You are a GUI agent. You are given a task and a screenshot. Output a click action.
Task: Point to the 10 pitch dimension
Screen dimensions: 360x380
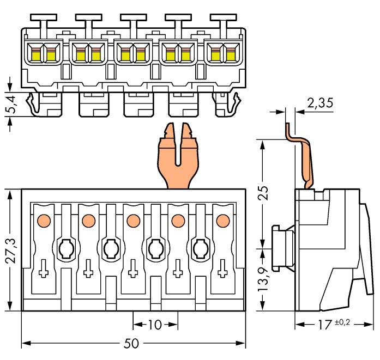pyautogui.click(x=155, y=325)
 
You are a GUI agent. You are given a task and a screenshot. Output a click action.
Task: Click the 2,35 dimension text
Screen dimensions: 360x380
pyautogui.click(x=321, y=102)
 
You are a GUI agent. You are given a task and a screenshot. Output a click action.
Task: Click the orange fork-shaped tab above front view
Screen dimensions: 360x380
pyautogui.click(x=178, y=159)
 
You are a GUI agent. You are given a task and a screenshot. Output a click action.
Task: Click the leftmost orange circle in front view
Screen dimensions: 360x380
pyautogui.click(x=43, y=221)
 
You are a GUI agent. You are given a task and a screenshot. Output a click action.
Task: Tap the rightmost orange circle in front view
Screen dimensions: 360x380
pyautogui.click(x=222, y=221)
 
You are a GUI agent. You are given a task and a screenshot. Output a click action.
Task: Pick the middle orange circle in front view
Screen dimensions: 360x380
pyautogui.click(x=132, y=221)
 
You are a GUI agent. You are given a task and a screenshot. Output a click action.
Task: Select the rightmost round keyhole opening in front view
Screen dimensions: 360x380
pyautogui.click(x=200, y=249)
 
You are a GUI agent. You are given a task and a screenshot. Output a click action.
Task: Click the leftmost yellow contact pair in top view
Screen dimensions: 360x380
pyautogui.click(x=43, y=53)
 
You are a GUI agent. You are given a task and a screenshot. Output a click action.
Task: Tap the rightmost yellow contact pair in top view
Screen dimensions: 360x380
pyautogui.click(x=222, y=53)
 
